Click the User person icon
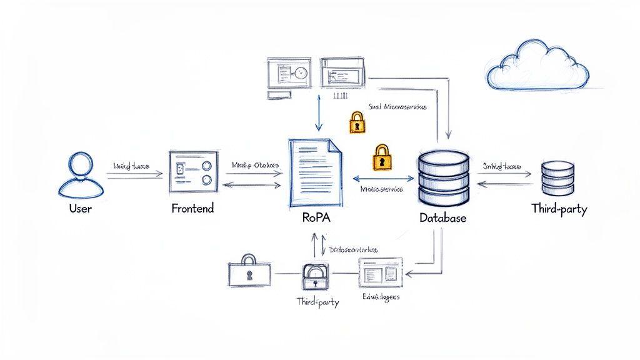(79, 175)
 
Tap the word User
(80, 209)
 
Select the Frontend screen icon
(192, 172)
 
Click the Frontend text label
(192, 209)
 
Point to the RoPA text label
(316, 219)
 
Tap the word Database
(442, 219)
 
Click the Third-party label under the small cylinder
(559, 209)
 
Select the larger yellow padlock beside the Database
(381, 157)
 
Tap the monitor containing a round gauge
(289, 74)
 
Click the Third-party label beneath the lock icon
(317, 302)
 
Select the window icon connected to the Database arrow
(381, 273)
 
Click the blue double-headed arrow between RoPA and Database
(380, 179)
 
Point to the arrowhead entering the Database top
(448, 135)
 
